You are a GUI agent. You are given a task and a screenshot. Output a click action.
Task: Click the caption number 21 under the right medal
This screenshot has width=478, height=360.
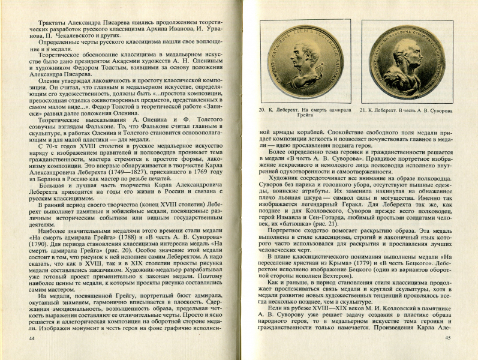click(x=365, y=111)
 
